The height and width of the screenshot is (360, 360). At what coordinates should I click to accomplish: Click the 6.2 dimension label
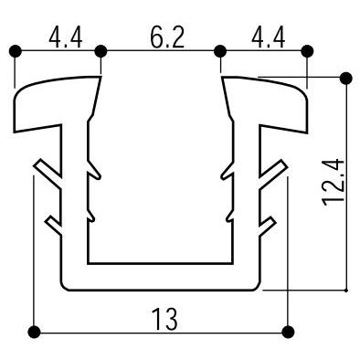tap(167, 37)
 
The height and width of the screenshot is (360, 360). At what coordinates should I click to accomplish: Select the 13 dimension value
tap(164, 319)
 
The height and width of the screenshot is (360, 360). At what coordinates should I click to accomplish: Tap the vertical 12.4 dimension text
tap(334, 183)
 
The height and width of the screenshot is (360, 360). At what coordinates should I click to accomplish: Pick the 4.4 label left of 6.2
tap(66, 37)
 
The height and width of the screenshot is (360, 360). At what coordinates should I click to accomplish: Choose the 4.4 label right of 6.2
tap(269, 37)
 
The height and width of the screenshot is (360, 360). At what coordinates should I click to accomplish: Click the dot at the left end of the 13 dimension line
tap(34, 332)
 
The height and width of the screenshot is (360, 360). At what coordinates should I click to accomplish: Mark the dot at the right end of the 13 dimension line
tap(288, 332)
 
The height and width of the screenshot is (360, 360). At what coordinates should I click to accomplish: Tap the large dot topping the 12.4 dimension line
tap(346, 78)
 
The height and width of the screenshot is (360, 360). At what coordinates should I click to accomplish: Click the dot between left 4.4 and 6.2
tap(101, 51)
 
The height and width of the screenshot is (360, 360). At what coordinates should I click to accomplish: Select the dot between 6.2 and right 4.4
tap(220, 51)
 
